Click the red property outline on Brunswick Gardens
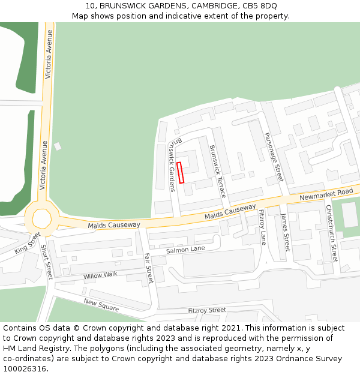(181, 172)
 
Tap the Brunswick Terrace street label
(217, 171)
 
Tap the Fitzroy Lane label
(263, 227)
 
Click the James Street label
(285, 234)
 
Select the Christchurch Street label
(331, 233)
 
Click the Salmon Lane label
(185, 249)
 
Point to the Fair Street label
(149, 268)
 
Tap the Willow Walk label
(101, 275)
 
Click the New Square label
(101, 305)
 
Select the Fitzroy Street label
(207, 310)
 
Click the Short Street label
(46, 262)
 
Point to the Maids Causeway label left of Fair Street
(114, 225)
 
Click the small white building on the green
(58, 146)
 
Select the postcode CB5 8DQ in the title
(263, 5)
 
